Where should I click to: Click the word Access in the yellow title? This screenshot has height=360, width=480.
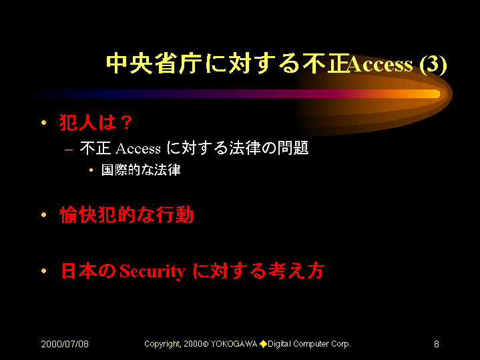381,65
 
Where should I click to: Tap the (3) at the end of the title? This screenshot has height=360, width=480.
433,65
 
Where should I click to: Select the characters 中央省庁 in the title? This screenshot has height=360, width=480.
154,64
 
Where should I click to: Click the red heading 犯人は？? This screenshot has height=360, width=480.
96,122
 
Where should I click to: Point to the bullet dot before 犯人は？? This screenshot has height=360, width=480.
44,122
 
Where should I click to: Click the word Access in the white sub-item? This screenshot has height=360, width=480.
138,148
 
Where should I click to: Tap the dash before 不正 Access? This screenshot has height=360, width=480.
69,150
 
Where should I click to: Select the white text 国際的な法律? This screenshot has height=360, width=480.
141,170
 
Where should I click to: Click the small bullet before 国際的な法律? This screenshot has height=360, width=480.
91,170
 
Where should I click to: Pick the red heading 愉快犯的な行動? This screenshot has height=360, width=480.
126,215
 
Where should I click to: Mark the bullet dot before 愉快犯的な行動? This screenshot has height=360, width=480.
44,215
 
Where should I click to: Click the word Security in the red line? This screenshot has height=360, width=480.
152,271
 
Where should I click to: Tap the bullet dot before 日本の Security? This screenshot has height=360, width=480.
44,271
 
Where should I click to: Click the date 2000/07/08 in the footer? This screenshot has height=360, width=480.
65,344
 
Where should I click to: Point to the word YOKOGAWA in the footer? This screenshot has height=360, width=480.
234,344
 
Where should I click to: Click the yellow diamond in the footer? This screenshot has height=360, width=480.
263,344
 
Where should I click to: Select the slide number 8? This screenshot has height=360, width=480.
437,344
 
